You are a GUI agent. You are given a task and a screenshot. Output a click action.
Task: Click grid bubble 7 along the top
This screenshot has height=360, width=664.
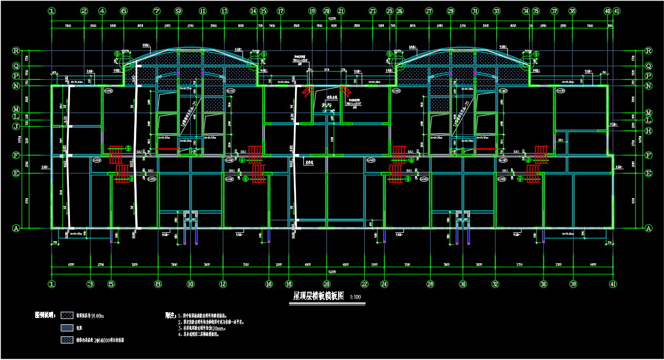coord(156,11)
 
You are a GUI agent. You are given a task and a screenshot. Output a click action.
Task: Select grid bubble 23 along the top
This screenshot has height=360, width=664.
coord(373,11)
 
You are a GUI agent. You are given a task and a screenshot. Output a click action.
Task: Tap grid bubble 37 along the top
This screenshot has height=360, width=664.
coord(554,11)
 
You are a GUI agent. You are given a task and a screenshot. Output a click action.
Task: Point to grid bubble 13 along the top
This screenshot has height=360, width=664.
coord(224,11)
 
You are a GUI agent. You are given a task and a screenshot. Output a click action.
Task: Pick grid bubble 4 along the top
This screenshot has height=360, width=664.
coord(102,11)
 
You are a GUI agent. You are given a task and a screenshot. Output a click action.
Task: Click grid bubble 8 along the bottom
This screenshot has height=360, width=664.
coord(158,284)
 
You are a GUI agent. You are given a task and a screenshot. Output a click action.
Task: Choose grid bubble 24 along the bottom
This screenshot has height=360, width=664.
coord(384,284)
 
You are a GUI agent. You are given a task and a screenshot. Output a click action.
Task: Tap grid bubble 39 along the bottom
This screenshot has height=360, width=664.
coord(574,284)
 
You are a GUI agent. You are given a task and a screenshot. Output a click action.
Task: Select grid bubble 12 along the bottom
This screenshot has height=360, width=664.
coord(223,284)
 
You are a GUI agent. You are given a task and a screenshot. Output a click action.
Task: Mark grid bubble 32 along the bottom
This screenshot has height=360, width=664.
coord(495,284)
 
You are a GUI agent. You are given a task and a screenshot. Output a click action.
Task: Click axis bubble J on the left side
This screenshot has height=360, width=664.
coord(16,126)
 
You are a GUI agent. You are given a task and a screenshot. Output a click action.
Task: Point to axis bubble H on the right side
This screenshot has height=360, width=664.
coord(649,131)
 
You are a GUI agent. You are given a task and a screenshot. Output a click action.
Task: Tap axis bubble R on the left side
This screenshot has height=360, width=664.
coord(16,51)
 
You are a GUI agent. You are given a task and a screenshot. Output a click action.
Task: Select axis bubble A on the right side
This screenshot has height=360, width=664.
coord(649,228)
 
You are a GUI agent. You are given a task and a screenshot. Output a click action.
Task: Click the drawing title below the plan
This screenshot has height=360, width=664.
coord(318,296)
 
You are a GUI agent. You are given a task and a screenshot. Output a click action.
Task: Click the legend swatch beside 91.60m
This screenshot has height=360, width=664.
coord(68,316)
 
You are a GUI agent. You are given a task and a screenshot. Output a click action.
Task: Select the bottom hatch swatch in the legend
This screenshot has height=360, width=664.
coord(68,340)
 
